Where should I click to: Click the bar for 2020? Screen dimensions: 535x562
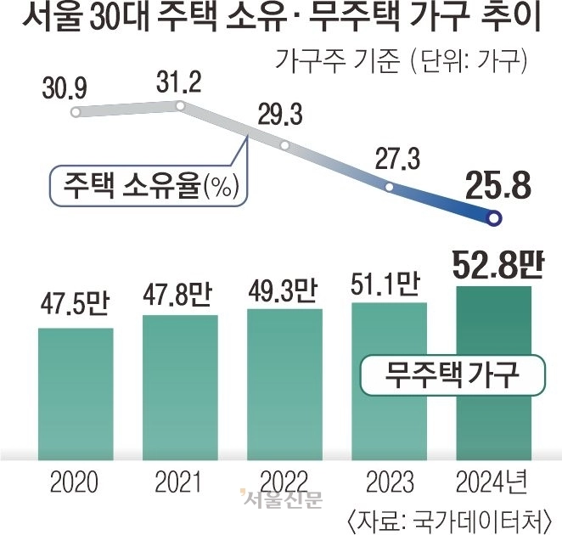[x=76, y=386]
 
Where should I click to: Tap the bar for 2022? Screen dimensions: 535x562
[x=284, y=378]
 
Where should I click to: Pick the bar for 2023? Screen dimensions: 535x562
[x=389, y=374]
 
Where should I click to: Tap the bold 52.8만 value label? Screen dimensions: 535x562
[x=493, y=264]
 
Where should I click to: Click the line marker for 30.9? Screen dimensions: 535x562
[x=76, y=111]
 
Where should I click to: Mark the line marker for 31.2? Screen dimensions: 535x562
[x=180, y=106]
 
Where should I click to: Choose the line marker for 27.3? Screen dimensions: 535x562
[x=390, y=187]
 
